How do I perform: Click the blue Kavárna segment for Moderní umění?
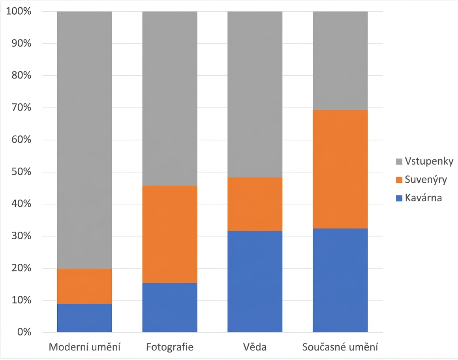tap(84, 318)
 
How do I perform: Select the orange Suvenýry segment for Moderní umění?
tap(84, 286)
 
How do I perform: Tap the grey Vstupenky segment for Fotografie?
tap(170, 99)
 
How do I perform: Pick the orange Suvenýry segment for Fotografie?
tap(170, 234)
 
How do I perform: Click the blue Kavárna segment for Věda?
tap(255, 281)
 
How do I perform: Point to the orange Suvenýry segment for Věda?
tap(255, 204)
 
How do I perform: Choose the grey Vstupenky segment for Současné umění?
tap(340, 61)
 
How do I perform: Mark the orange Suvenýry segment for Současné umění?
tap(340, 169)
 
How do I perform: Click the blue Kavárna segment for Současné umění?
tap(340, 280)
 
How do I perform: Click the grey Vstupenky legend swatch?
tap(399, 161)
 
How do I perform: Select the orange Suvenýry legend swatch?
tap(399, 180)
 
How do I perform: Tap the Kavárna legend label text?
tap(423, 198)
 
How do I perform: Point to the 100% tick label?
tap(19, 11)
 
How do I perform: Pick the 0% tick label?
tap(24, 332)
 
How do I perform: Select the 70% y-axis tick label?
tap(21, 107)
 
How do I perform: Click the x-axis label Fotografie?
tap(170, 347)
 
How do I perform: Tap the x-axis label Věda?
tap(255, 347)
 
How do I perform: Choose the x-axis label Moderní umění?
tap(84, 347)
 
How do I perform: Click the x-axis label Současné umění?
tap(340, 347)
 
